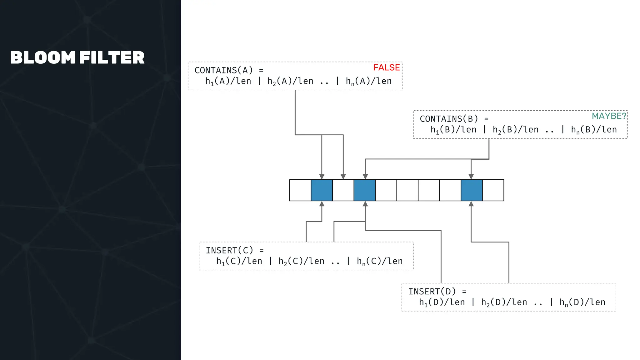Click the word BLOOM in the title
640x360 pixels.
(x=43, y=58)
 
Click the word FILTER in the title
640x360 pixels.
(x=112, y=58)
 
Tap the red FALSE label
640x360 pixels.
(x=386, y=67)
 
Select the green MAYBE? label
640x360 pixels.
(x=609, y=116)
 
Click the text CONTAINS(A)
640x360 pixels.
(x=223, y=70)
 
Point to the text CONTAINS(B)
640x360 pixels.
(x=449, y=119)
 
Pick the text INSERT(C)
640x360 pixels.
(x=229, y=251)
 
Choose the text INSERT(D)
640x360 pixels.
(x=432, y=292)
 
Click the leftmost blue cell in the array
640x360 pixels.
(x=322, y=190)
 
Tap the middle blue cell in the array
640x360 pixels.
(x=365, y=190)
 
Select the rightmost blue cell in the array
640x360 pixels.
(x=472, y=190)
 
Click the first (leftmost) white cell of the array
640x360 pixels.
(x=300, y=190)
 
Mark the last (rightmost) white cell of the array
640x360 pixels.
(x=493, y=190)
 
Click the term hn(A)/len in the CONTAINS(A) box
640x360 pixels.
(x=368, y=81)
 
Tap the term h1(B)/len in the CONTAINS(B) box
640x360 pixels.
(x=453, y=130)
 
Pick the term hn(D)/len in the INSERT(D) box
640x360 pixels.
(x=582, y=302)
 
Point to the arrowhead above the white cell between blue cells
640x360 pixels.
(x=343, y=177)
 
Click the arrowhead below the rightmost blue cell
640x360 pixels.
(x=471, y=204)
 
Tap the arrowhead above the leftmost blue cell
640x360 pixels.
(x=322, y=177)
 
